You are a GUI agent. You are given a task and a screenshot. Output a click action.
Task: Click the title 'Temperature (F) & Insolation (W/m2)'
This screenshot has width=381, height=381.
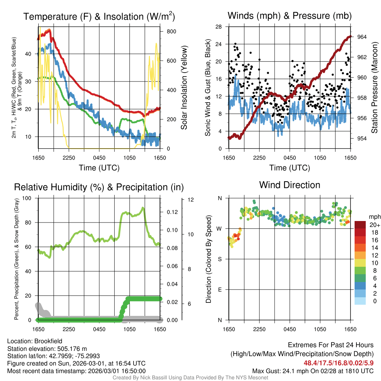click(99, 17)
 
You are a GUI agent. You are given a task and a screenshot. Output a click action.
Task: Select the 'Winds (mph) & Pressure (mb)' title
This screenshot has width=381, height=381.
click(289, 16)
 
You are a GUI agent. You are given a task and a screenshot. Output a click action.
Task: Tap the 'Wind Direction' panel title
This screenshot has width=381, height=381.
click(289, 185)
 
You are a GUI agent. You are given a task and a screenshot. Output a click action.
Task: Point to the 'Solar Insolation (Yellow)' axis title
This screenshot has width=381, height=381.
click(184, 88)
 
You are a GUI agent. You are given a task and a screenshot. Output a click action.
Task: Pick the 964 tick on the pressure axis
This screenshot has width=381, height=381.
click(362, 37)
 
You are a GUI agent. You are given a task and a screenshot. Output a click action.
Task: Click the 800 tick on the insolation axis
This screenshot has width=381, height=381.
click(171, 31)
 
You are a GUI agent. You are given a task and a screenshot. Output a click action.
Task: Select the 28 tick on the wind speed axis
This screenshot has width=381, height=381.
click(219, 27)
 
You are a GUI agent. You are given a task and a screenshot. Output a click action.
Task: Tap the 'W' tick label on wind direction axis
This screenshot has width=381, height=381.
click(220, 228)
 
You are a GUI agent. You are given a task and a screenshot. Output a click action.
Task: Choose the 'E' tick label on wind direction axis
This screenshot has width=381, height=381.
click(220, 289)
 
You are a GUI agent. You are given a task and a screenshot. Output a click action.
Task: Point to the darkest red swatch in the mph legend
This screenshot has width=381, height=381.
click(360, 225)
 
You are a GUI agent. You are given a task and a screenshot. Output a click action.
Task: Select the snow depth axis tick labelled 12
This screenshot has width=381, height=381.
click(191, 200)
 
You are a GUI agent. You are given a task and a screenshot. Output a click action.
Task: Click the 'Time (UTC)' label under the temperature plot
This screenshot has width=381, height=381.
click(99, 168)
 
